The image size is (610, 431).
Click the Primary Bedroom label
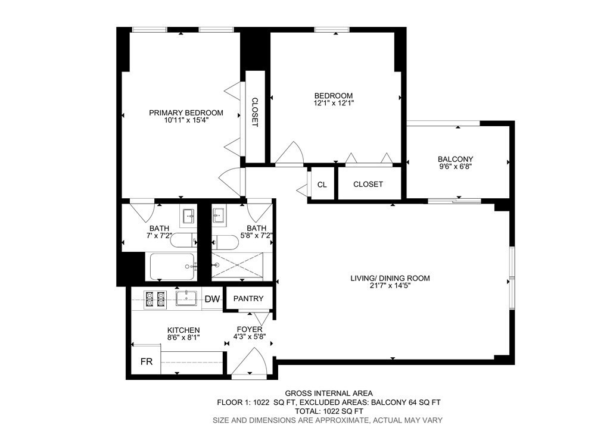(186, 113)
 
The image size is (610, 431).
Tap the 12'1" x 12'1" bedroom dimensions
(334, 104)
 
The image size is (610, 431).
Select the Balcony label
(455, 159)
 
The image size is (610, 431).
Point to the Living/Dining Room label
(390, 278)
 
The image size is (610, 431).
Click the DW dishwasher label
(213, 299)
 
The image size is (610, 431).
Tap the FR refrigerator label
(147, 362)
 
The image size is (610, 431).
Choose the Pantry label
(248, 298)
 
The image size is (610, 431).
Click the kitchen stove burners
(155, 299)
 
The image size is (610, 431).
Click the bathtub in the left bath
(172, 266)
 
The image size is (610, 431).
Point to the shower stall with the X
(237, 266)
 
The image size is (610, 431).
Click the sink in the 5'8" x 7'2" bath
(219, 215)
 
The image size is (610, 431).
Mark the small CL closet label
(322, 185)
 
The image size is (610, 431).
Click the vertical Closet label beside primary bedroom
(255, 112)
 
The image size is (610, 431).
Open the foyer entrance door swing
(250, 362)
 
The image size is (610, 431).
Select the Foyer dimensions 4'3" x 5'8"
(250, 336)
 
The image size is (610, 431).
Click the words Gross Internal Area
(329, 393)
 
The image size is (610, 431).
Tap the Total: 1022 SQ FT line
(329, 411)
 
